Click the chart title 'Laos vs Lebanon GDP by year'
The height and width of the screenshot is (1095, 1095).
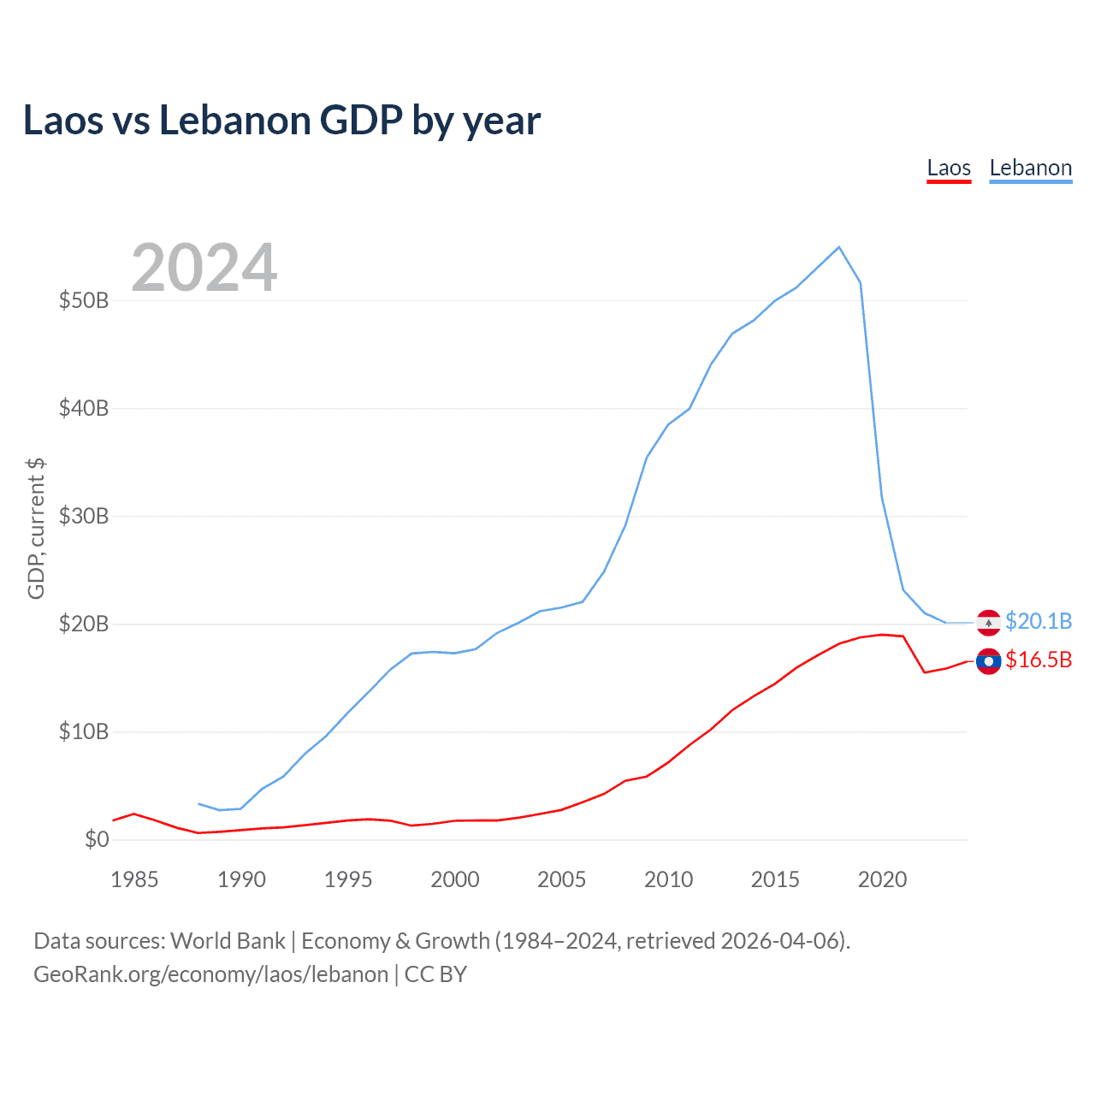(281, 121)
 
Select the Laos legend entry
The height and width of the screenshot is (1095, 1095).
(949, 168)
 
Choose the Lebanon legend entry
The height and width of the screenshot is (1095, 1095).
(1030, 168)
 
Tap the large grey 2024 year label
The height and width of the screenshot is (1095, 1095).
(204, 268)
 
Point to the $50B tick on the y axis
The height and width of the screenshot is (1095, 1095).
(84, 300)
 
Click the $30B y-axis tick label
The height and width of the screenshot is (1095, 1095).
(84, 516)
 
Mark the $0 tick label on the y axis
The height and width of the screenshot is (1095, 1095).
(97, 839)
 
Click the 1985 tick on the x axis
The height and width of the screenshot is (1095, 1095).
(134, 879)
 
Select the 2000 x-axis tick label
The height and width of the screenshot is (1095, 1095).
(454, 879)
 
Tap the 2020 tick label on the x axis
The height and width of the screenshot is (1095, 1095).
(882, 879)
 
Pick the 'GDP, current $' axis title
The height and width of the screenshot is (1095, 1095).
(36, 529)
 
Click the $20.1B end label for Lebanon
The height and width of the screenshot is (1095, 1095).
(1039, 621)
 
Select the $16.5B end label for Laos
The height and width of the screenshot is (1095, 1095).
(1039, 660)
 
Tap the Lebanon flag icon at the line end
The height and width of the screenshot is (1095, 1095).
(988, 623)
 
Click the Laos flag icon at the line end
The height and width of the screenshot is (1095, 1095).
(988, 661)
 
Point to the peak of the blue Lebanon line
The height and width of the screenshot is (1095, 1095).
(838, 247)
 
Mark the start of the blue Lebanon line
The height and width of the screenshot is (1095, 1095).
(198, 804)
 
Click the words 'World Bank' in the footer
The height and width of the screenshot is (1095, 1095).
(228, 941)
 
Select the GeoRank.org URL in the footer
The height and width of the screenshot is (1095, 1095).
(210, 974)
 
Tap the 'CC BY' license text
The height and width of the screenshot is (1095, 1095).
(435, 974)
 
